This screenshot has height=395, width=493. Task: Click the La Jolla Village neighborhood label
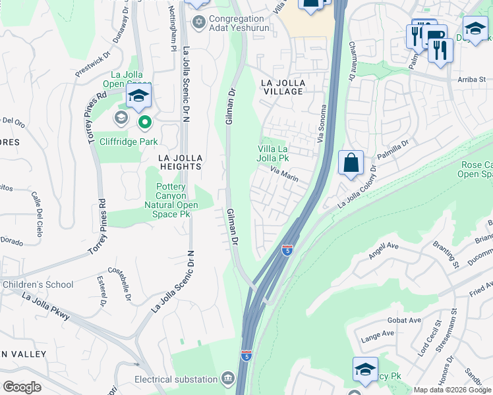pyautogui.click(x=281, y=87)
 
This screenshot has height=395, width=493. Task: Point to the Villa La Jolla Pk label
pyautogui.click(x=273, y=153)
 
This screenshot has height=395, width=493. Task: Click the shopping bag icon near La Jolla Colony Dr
pyautogui.click(x=351, y=162)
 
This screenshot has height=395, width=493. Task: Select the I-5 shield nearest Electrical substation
pyautogui.click(x=246, y=355)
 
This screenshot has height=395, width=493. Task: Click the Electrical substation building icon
pyautogui.click(x=228, y=379)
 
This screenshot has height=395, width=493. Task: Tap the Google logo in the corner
pyautogui.click(x=22, y=386)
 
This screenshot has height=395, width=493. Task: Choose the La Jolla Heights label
pyautogui.click(x=179, y=162)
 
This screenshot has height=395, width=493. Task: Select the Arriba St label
pyautogui.click(x=471, y=80)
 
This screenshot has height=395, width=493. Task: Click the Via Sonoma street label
pyautogui.click(x=323, y=123)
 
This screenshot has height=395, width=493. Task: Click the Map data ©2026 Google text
pyautogui.click(x=452, y=390)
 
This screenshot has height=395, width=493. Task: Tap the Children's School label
pyautogui.click(x=38, y=284)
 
